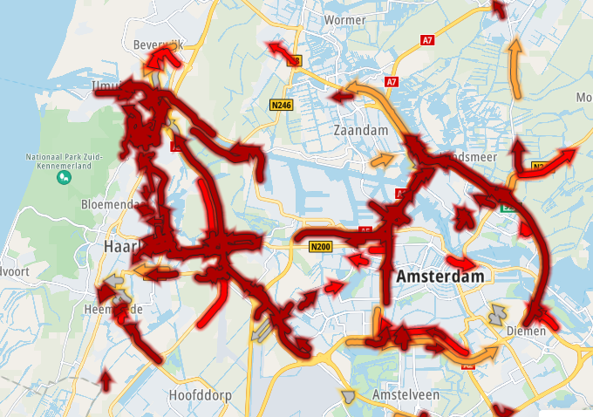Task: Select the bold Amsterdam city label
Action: coord(440,277)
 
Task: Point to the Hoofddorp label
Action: coord(201,395)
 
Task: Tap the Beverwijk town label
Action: coord(155,44)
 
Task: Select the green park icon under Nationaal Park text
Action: coord(64,177)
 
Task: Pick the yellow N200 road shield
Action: coord(320,247)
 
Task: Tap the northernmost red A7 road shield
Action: coord(427,40)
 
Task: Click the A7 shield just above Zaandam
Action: coord(392,81)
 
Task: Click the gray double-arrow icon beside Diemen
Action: coord(497,313)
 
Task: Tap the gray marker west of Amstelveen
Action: coord(350,396)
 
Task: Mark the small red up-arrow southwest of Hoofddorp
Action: coord(106,379)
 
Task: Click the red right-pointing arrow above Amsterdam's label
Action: coord(462,261)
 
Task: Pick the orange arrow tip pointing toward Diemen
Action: coord(494,351)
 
